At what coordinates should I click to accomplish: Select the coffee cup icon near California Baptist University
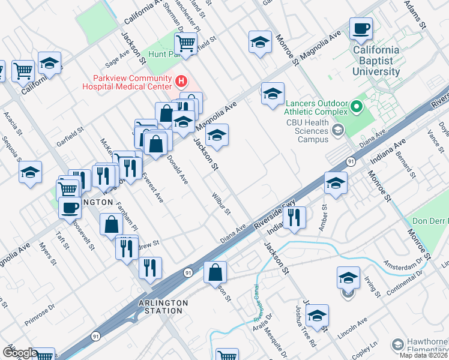point(361,28)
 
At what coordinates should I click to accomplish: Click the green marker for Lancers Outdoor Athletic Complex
point(357,107)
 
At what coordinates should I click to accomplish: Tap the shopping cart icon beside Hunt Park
point(186,43)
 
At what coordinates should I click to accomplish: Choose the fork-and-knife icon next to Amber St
point(295,218)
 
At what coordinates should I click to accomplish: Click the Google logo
point(20,353)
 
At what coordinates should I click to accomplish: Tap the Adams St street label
point(415,15)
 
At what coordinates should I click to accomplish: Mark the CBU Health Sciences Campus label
point(307,131)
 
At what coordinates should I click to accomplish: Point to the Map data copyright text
point(424,356)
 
